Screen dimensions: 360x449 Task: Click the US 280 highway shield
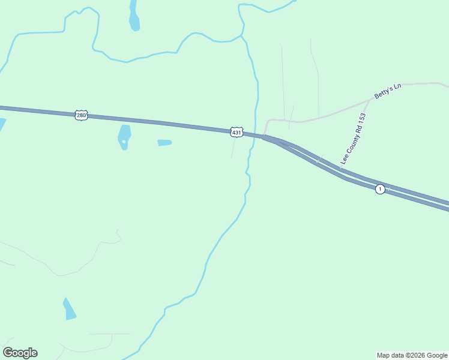click(82, 115)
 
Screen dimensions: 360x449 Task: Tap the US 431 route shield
click(237, 131)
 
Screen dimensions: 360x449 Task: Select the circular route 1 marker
click(380, 189)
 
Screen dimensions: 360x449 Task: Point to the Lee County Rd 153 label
click(354, 138)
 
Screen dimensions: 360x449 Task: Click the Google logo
click(20, 353)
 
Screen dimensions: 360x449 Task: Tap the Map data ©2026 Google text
click(412, 355)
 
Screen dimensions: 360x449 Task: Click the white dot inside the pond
click(124, 142)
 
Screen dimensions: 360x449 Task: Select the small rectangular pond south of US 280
click(164, 143)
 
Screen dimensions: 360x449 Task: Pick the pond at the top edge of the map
click(134, 17)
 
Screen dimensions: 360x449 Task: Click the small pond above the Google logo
click(70, 309)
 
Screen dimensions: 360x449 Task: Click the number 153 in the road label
click(361, 119)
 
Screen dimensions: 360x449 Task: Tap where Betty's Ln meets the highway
click(264, 136)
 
